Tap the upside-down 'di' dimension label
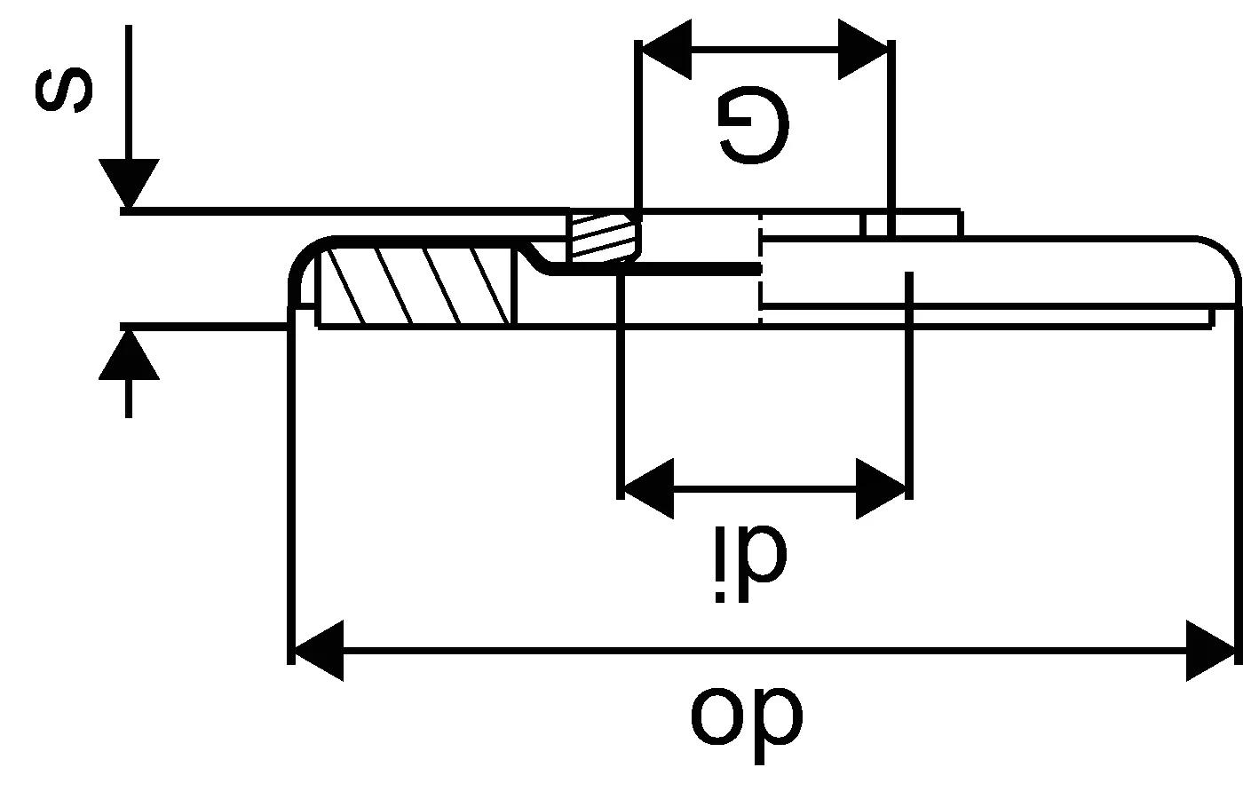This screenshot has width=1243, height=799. click(x=751, y=565)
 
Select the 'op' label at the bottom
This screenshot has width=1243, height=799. click(x=747, y=716)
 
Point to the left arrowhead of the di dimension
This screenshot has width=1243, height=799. click(x=646, y=488)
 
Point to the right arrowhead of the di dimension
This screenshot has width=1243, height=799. click(x=882, y=488)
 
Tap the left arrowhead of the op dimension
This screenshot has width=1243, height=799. click(x=317, y=651)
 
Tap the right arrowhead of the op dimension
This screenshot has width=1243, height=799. click(x=1211, y=651)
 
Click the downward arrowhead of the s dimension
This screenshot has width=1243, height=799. click(x=129, y=184)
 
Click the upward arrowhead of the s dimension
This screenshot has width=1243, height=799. click(x=129, y=353)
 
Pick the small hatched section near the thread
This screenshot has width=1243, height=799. click(x=603, y=236)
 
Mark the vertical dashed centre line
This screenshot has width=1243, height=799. click(x=760, y=266)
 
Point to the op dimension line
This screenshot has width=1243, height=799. click(x=764, y=651)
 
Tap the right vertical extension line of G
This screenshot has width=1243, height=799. click(x=891, y=133)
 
